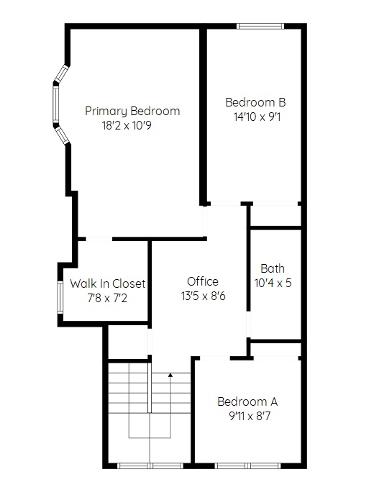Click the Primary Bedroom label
pyautogui.click(x=132, y=112)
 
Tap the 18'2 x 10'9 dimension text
pyautogui.click(x=127, y=126)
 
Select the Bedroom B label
pyautogui.click(x=255, y=102)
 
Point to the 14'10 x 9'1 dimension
pyautogui.click(x=257, y=117)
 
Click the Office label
pyautogui.click(x=203, y=281)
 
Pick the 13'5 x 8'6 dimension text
pyautogui.click(x=204, y=296)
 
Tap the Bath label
pyautogui.click(x=273, y=268)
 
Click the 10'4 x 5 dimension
pyautogui.click(x=273, y=283)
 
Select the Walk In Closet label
pyautogui.click(x=108, y=283)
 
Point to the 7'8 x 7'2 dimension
pyautogui.click(x=107, y=298)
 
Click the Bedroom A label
pyautogui.click(x=247, y=401)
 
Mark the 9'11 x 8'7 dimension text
pyautogui.click(x=250, y=416)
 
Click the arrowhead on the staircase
pyautogui.click(x=170, y=375)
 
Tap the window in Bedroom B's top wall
pyautogui.click(x=260, y=26)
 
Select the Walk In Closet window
pyautogui.click(x=60, y=297)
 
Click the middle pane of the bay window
pyautogui.click(x=56, y=104)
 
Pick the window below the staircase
pyautogui.click(x=150, y=466)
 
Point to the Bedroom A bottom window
pyautogui.click(x=247, y=466)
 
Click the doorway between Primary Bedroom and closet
pyautogui.click(x=99, y=239)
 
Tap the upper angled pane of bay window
pyautogui.click(x=61, y=73)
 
